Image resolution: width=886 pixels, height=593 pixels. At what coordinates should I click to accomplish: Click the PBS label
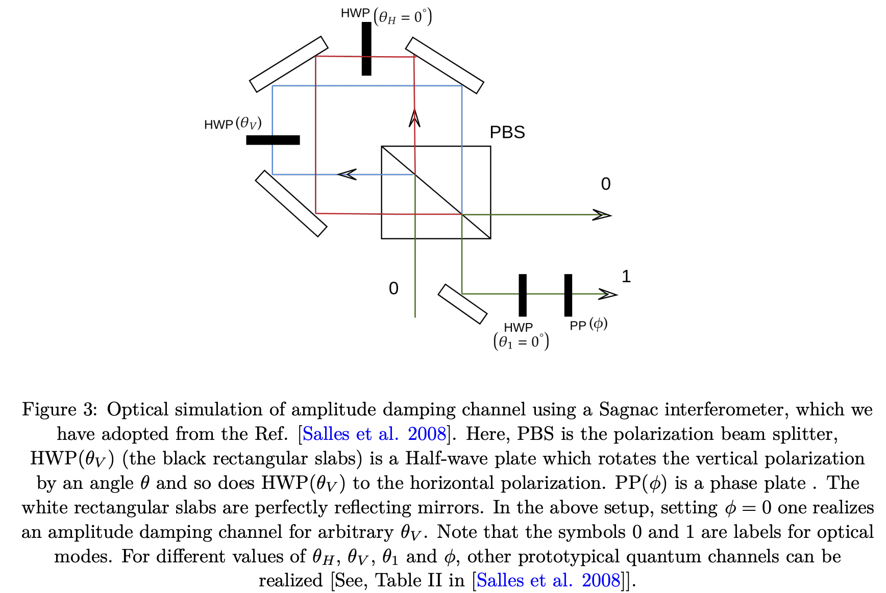[x=507, y=132]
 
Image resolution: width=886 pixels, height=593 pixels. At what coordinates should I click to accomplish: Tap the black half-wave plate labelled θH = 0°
[x=366, y=49]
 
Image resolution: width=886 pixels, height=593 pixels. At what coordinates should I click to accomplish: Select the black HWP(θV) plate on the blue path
[x=273, y=140]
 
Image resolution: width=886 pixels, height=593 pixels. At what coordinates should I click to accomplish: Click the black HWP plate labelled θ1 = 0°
[x=523, y=295]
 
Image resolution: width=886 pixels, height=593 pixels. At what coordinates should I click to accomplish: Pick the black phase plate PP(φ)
[x=568, y=295]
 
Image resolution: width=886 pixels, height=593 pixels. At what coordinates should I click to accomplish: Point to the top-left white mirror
[x=289, y=64]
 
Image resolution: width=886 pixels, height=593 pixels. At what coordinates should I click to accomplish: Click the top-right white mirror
[x=445, y=65]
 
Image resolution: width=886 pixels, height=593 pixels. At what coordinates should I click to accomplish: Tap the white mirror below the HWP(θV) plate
[x=291, y=204]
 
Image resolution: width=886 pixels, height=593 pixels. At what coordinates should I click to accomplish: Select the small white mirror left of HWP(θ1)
[x=462, y=304]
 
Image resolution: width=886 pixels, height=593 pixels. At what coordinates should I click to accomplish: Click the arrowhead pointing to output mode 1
[x=608, y=294]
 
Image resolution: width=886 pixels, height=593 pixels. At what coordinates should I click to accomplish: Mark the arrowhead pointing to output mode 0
[x=602, y=215]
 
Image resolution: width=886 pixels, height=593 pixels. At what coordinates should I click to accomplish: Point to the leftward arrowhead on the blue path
[x=347, y=175]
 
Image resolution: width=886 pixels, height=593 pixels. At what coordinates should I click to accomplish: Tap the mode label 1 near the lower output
[x=626, y=277]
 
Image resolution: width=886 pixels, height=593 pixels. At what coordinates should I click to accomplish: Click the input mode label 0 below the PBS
[x=393, y=288]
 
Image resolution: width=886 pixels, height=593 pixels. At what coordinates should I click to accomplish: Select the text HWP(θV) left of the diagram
[x=233, y=124]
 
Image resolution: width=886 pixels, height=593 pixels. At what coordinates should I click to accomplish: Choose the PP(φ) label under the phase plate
[x=588, y=325]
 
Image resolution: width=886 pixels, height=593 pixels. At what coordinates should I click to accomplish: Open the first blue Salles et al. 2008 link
[x=374, y=434]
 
